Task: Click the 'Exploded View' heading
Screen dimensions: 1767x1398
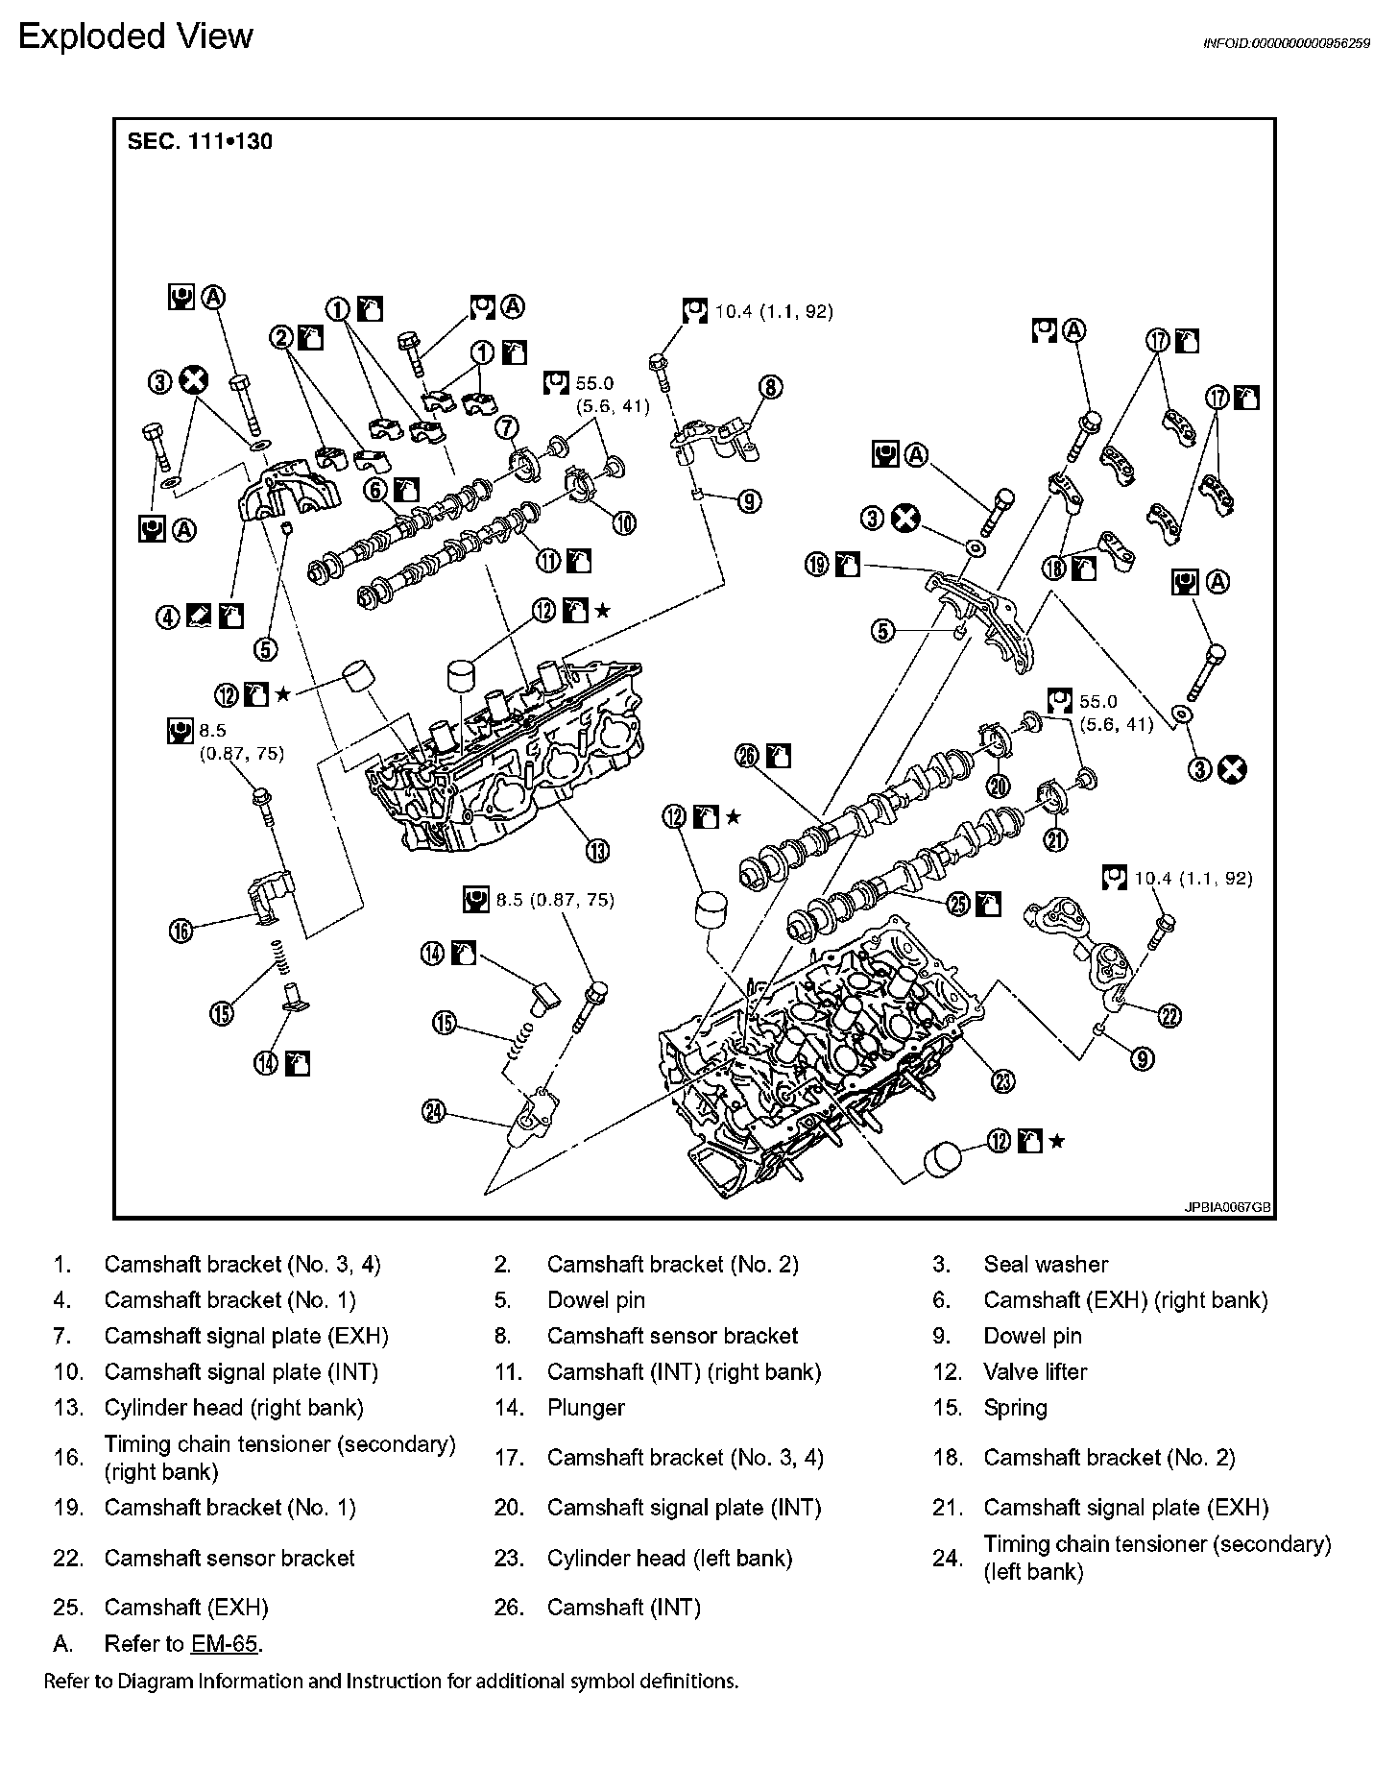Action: (135, 36)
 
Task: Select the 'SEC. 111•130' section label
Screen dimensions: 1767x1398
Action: (200, 141)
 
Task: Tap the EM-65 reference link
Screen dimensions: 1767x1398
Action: (224, 1643)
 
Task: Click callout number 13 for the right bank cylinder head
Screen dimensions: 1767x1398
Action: (597, 850)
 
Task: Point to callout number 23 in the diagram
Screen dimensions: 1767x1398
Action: (1002, 1082)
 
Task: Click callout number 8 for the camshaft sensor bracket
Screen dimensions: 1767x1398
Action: (770, 387)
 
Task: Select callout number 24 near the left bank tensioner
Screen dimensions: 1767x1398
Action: (434, 1111)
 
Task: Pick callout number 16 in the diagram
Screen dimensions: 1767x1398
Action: (181, 930)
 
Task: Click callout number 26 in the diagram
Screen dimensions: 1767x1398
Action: (747, 757)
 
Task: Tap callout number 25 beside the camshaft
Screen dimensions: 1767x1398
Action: (958, 904)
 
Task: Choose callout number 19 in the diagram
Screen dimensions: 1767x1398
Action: (817, 565)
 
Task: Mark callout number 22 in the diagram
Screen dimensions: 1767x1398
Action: (1169, 1016)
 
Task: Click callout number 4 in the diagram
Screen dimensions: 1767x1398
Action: (169, 617)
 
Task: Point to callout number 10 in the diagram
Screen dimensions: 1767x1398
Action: (624, 522)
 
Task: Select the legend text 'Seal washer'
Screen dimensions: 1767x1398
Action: (1046, 1264)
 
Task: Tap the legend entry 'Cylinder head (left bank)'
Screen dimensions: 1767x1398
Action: (669, 1558)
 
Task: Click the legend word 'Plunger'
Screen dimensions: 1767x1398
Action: (586, 1407)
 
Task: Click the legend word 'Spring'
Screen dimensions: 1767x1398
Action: (1015, 1407)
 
